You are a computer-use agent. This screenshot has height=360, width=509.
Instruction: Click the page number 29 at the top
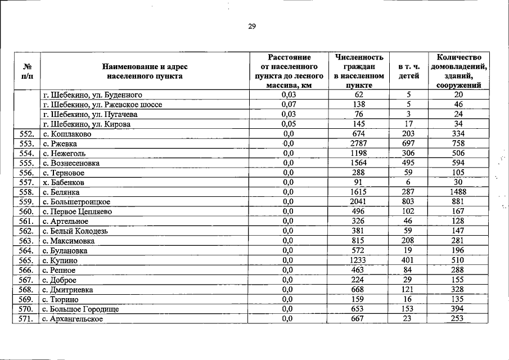[252, 26]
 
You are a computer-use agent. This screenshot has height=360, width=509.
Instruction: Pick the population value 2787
[358, 144]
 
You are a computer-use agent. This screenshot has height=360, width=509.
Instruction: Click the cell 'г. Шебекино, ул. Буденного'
[92, 94]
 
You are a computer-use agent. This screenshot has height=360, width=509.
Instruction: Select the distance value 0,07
[289, 105]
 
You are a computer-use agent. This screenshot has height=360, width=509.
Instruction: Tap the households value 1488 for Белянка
[458, 192]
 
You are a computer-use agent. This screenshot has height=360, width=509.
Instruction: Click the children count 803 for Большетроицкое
[408, 202]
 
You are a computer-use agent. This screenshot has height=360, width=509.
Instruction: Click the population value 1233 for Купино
[358, 261]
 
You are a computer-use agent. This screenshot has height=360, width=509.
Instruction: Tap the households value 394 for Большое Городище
[458, 309]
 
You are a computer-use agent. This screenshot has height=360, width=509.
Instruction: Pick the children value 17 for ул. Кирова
[408, 124]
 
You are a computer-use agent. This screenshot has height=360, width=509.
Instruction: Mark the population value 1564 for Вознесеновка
[358, 163]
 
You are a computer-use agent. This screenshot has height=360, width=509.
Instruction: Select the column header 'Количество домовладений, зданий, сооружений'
[458, 70]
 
